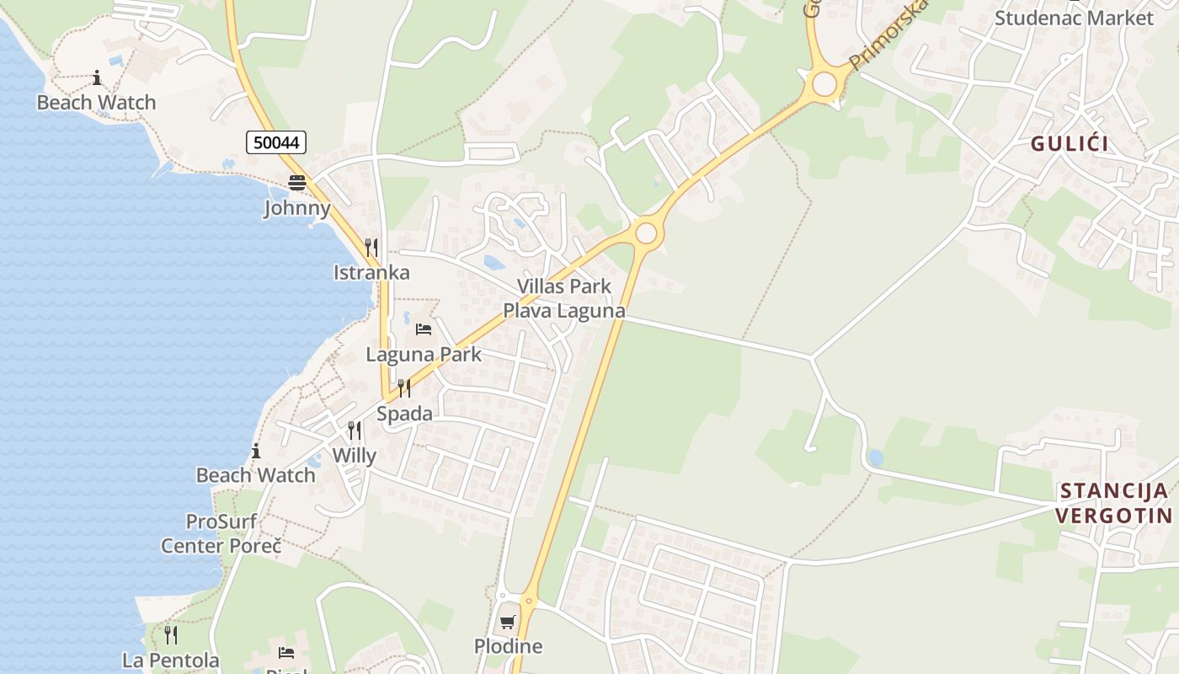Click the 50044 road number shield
click(276, 142)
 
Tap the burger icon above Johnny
click(296, 183)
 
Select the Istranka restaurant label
click(371, 272)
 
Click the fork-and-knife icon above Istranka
click(371, 247)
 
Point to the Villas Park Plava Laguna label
click(564, 298)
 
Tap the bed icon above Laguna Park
click(424, 329)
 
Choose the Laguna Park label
click(424, 354)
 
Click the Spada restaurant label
click(404, 414)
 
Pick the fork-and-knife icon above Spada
click(404, 388)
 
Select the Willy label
click(355, 456)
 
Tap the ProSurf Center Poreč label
click(221, 533)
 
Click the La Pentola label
click(171, 660)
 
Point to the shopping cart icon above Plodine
click(508, 622)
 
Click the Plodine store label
click(508, 646)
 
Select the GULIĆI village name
click(1070, 143)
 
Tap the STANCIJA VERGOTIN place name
click(1114, 503)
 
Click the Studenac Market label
click(1074, 18)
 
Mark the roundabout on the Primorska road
click(824, 83)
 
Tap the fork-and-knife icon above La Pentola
click(171, 634)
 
